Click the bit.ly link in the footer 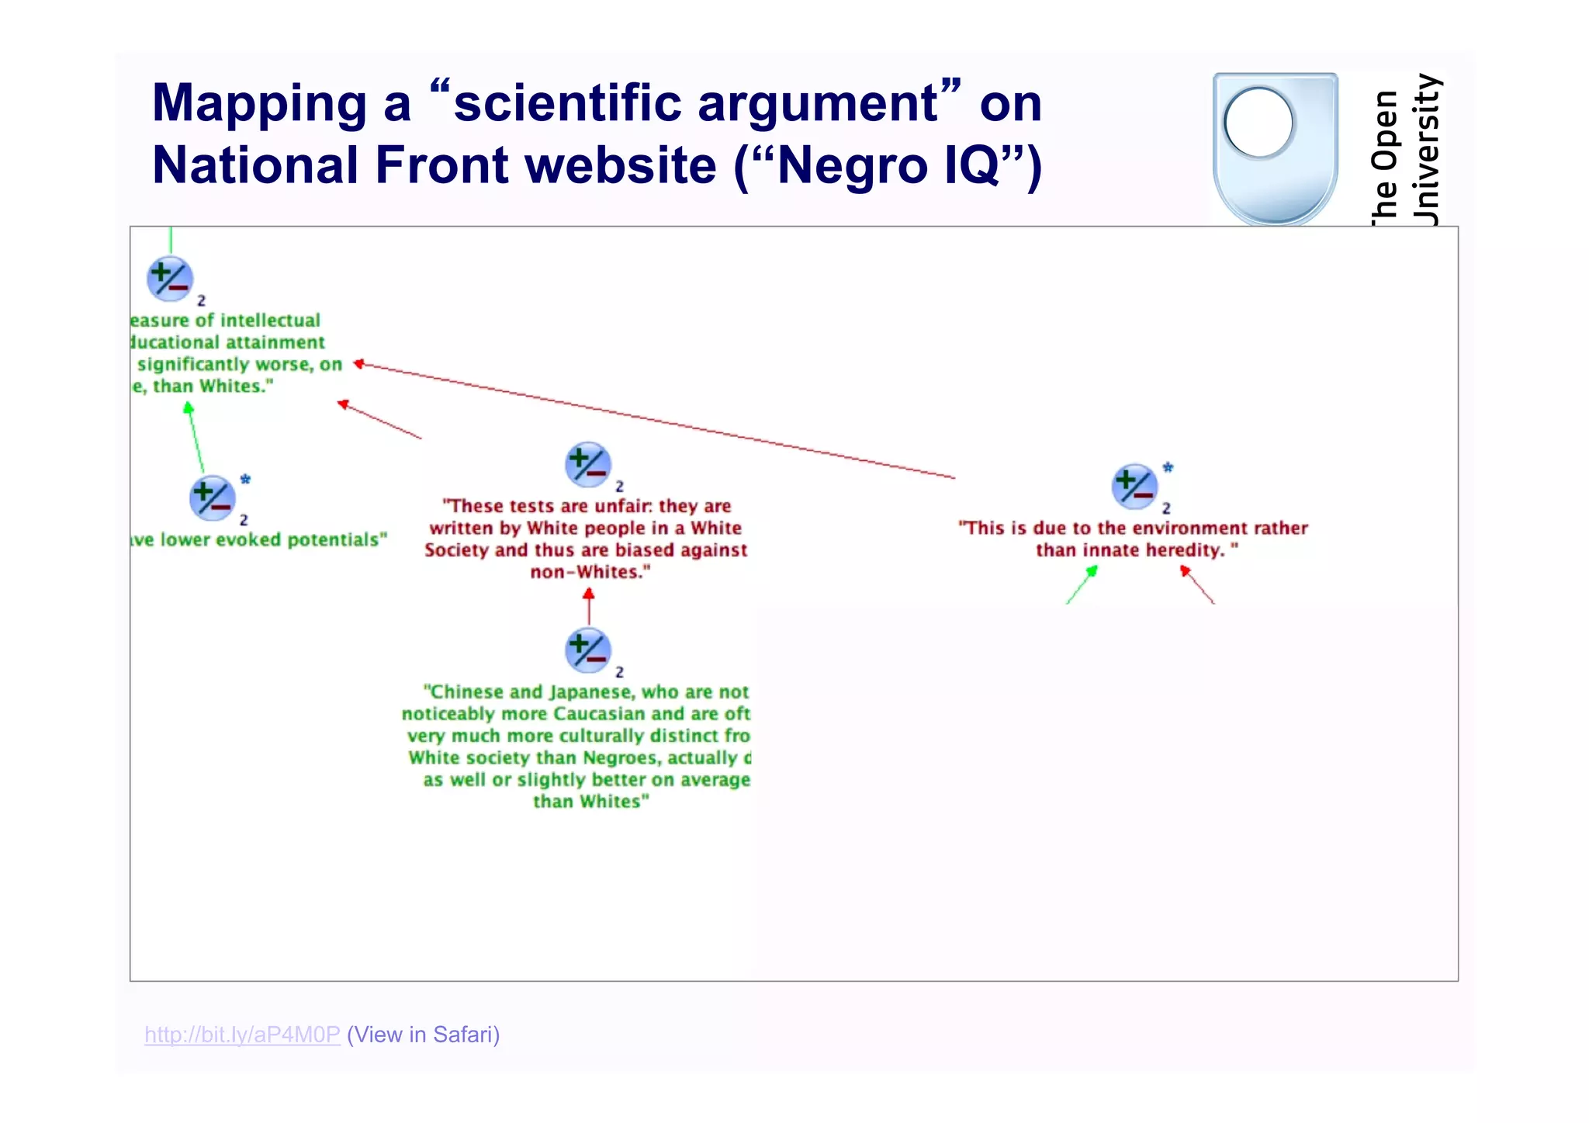(242, 1035)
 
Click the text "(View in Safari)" (424, 1035)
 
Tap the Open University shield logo (1275, 147)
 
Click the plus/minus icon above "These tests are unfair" (588, 464)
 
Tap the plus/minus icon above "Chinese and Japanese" (588, 650)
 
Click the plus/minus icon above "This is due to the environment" (1134, 487)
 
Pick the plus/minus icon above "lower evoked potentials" (213, 497)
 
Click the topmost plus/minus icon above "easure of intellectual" (170, 279)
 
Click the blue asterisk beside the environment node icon (1168, 468)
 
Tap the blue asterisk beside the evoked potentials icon (245, 480)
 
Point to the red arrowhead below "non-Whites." (589, 594)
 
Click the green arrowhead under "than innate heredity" (1092, 572)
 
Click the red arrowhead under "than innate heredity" (1185, 571)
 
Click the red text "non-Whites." (590, 572)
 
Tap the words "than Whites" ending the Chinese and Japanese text (590, 802)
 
